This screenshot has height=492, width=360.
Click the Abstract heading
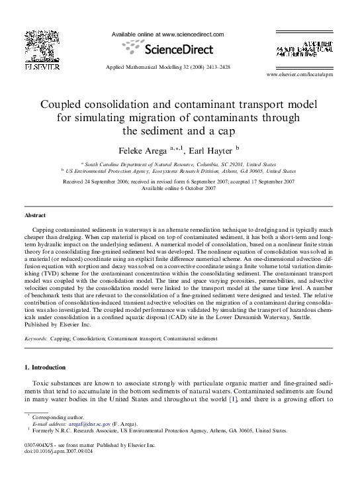(x=35, y=216)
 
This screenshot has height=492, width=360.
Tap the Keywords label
(x=36, y=338)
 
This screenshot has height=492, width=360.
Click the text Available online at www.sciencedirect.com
(x=167, y=34)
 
